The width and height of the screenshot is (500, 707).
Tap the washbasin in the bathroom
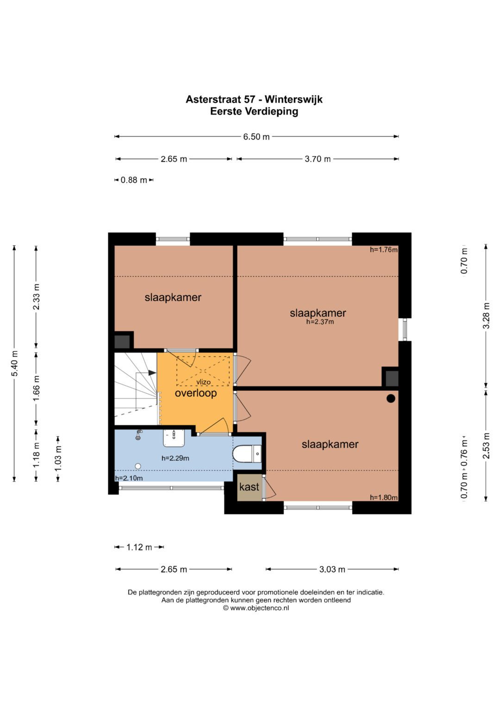[x=173, y=438]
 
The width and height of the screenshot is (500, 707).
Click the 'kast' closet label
[x=249, y=487]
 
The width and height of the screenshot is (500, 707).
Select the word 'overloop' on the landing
[x=196, y=393]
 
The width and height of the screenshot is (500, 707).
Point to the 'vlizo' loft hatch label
[x=203, y=382]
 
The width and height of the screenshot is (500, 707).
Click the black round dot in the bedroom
[x=391, y=399]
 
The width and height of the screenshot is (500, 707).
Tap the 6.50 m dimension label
[x=256, y=137]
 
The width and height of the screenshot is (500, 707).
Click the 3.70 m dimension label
[x=318, y=159]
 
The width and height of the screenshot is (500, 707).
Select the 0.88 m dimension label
[x=134, y=180]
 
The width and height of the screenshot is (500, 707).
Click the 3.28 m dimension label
[x=486, y=316]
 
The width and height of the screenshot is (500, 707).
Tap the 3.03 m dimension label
[x=332, y=569]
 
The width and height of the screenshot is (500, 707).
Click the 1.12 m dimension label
[x=139, y=547]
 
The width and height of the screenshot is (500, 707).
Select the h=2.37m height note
[x=320, y=322]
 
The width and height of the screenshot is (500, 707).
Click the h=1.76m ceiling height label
[x=383, y=250]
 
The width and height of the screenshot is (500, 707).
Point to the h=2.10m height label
[x=129, y=478]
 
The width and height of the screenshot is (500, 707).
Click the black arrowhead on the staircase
[x=152, y=373]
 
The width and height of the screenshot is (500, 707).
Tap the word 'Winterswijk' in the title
[x=294, y=100]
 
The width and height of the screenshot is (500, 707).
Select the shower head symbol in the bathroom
[x=138, y=435]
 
